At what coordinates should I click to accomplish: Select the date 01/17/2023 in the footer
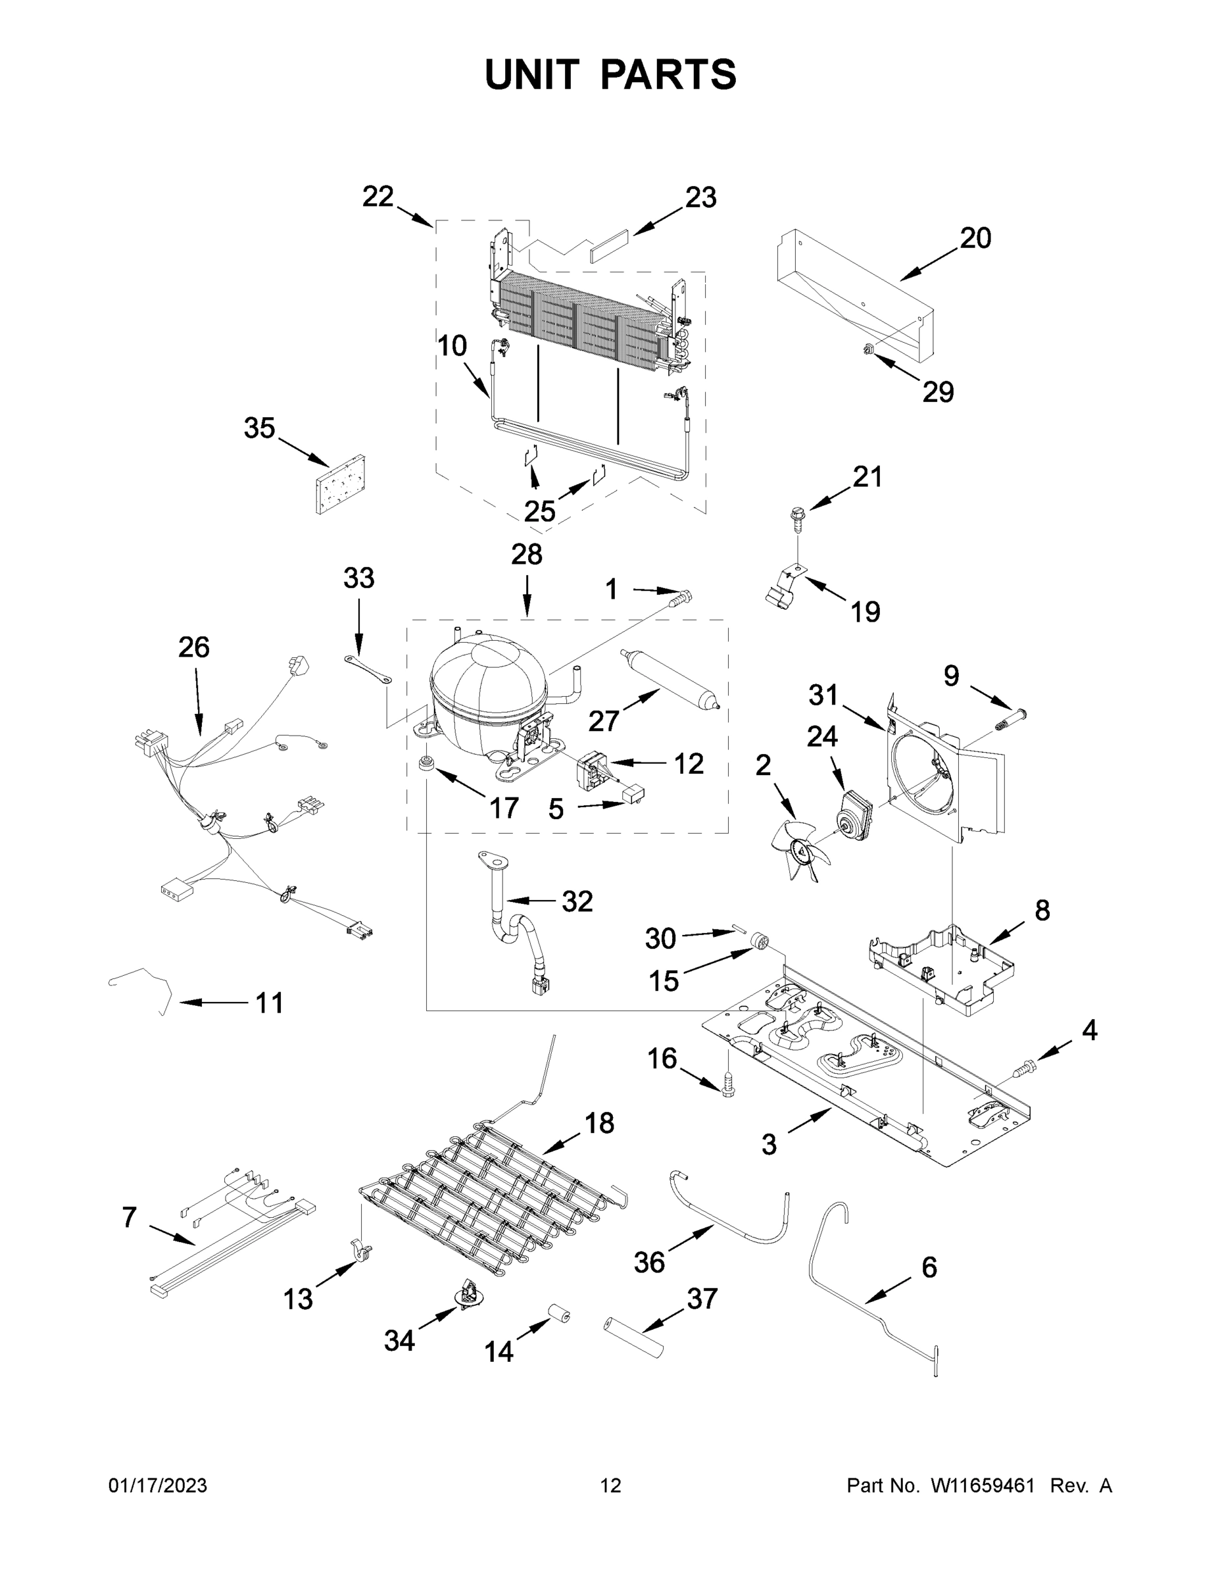click(x=158, y=1485)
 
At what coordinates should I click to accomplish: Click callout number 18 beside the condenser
click(x=599, y=1123)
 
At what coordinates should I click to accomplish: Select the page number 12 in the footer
click(x=611, y=1485)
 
